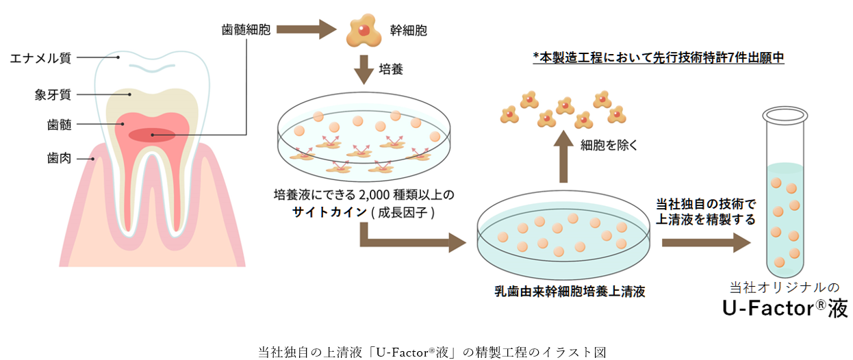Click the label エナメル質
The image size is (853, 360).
click(40, 58)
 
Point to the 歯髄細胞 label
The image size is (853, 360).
click(246, 30)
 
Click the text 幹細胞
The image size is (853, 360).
click(409, 30)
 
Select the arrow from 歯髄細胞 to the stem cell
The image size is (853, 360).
click(307, 30)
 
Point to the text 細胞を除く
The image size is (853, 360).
click(609, 144)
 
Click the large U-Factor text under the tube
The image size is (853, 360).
click(785, 309)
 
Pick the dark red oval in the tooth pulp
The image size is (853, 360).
click(151, 135)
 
